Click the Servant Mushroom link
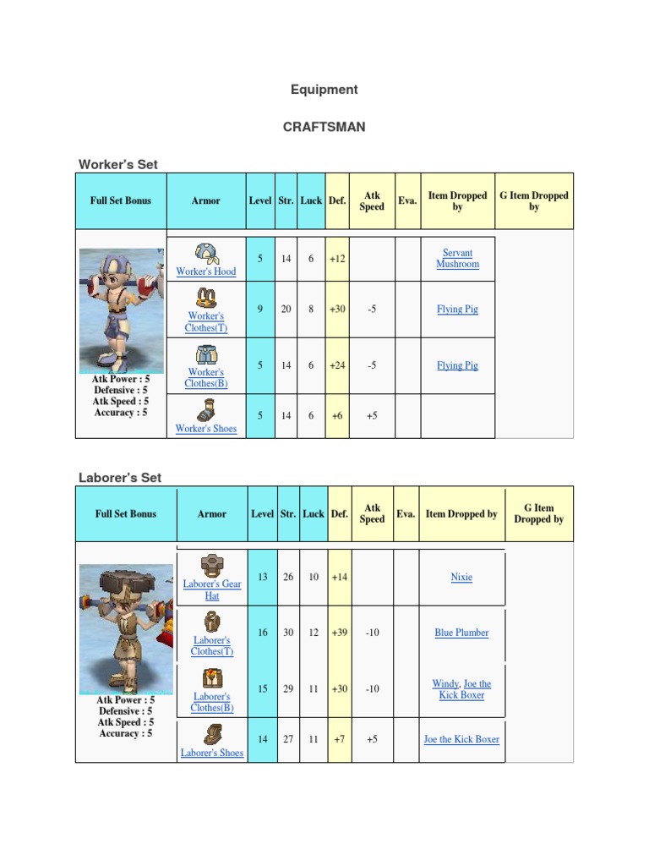(457, 258)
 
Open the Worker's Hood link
(205, 271)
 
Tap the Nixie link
(461, 577)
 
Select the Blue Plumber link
(461, 633)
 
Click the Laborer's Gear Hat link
(211, 589)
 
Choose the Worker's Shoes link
(205, 429)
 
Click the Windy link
(445, 684)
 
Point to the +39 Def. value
(339, 633)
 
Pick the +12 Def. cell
(337, 259)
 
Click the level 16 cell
(263, 633)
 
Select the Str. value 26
(288, 577)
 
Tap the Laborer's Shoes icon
(211, 733)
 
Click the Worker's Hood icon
(205, 253)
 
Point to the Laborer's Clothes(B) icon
(211, 678)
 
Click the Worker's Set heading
(118, 164)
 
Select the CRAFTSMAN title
(324, 127)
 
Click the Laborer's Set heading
(120, 478)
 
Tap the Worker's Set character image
(122, 311)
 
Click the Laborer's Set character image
(126, 628)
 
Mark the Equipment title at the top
(324, 90)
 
